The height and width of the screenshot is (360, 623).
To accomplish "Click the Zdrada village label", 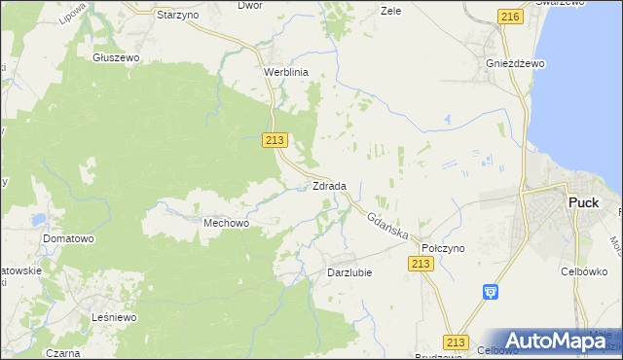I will [x=329, y=185].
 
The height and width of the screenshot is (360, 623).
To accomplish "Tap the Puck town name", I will [x=582, y=202].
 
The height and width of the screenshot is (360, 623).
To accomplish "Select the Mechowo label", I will [x=227, y=223].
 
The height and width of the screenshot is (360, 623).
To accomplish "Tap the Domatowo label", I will [x=67, y=237].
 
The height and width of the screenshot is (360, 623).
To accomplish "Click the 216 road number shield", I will [x=510, y=17].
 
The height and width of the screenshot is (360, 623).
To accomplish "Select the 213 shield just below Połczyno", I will [x=421, y=265].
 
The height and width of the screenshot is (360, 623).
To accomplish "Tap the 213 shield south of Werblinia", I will [x=275, y=140].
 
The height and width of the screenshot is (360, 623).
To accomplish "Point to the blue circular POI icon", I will [x=491, y=291].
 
